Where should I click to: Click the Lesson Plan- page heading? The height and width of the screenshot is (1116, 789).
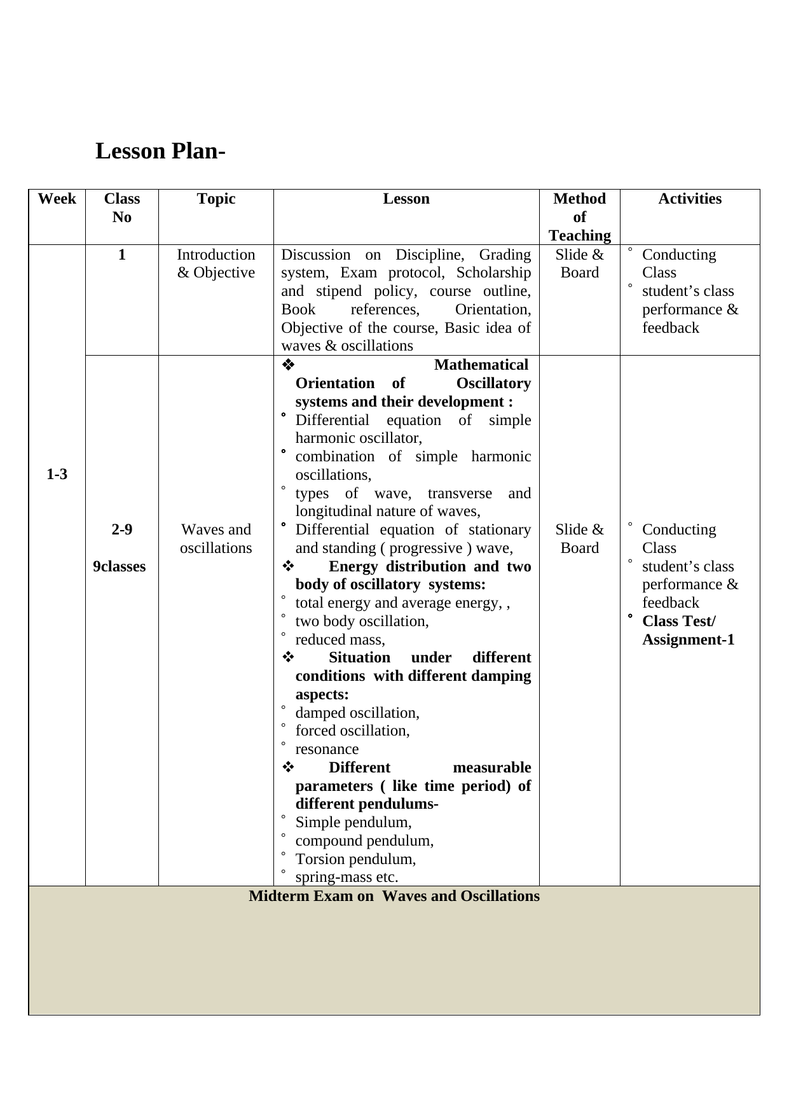click(x=160, y=151)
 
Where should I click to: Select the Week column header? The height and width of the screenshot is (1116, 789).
click(x=57, y=199)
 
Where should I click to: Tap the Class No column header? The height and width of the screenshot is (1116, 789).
click(x=121, y=208)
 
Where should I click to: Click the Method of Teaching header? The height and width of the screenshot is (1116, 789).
click(x=579, y=217)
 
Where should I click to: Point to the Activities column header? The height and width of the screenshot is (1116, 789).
click(x=689, y=199)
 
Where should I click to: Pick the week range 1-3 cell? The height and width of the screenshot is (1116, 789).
click(x=57, y=474)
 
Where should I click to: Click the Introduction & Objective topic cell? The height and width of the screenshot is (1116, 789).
click(x=216, y=263)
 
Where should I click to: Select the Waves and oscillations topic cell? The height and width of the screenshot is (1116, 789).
click(x=216, y=538)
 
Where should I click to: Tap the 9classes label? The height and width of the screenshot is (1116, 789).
click(x=120, y=566)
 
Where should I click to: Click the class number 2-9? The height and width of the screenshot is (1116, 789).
click(x=121, y=529)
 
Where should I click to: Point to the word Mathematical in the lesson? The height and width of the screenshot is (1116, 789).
click(x=481, y=365)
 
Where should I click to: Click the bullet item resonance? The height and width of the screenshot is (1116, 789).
click(x=327, y=749)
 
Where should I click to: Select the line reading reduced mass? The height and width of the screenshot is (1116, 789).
click(x=340, y=639)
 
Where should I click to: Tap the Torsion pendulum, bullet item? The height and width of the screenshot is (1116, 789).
click(x=355, y=859)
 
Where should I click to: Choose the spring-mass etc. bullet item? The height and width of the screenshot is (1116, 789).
click(x=346, y=877)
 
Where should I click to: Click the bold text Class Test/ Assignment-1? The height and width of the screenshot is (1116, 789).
click(x=687, y=631)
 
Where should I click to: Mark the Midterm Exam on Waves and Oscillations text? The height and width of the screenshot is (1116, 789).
click(x=394, y=896)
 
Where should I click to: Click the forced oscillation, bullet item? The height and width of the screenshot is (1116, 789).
click(x=352, y=730)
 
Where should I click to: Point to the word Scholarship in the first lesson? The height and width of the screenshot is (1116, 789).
click(x=493, y=273)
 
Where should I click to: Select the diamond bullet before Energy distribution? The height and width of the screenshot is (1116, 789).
click(x=287, y=566)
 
